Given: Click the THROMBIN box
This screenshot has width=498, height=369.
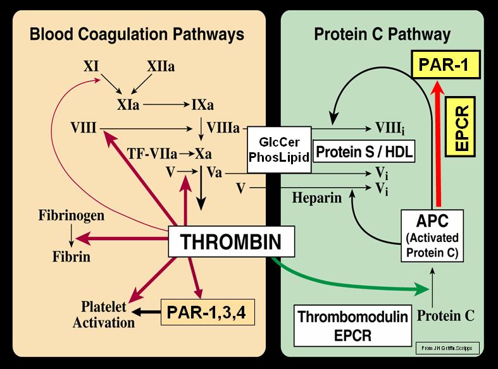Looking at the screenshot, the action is tap(231, 241).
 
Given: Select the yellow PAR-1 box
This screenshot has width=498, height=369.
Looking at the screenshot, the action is tap(445, 64).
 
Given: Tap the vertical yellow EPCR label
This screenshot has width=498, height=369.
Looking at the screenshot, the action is tap(460, 127).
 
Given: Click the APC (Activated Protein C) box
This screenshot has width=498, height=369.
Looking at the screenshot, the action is tap(432, 236).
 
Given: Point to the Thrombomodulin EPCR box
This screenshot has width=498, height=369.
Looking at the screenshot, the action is tap(352, 325).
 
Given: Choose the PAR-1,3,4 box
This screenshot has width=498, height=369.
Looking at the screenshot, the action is tap(208, 312).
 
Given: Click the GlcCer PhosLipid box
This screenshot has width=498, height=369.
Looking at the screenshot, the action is tap(279, 150).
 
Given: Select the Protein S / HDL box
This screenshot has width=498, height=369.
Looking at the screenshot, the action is tap(364, 152).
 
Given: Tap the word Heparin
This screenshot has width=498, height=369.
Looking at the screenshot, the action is tap(316, 198).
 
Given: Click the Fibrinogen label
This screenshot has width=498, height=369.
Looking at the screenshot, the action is tap(71, 215).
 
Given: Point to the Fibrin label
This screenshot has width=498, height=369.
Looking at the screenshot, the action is tap(71, 257).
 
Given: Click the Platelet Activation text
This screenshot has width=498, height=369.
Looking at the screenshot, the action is tap(104, 315).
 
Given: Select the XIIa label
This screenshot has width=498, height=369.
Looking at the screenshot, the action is tap(161, 66).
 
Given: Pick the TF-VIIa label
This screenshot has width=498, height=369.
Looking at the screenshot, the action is tap(152, 154).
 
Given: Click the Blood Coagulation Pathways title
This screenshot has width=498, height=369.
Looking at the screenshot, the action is tap(137, 34).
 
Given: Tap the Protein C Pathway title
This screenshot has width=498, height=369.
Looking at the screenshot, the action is tap(382, 34).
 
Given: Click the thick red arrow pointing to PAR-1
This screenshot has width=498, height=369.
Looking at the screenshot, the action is tap(439, 143).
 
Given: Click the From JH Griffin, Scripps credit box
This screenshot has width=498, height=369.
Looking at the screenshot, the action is tap(447, 348).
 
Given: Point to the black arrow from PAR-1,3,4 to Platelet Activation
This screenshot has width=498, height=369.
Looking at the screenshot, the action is tap(146, 312).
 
